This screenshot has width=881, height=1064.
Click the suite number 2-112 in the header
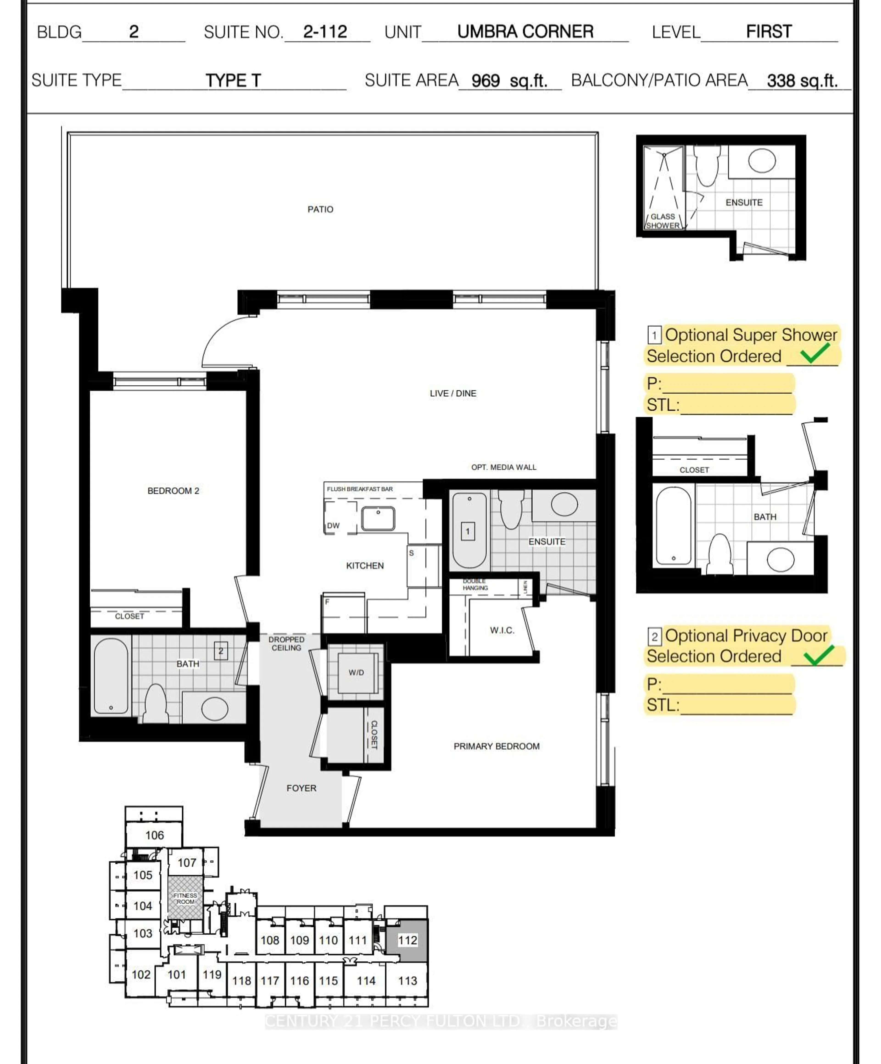[325, 32]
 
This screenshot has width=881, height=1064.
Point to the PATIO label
[320, 209]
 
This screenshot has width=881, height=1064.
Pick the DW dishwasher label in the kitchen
[333, 525]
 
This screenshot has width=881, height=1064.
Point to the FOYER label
[301, 788]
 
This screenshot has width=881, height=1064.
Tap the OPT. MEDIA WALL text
[503, 467]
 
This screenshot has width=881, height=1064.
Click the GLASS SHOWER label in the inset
[663, 221]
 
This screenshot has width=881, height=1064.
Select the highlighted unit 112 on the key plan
[407, 940]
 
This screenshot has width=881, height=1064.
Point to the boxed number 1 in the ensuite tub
[467, 531]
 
